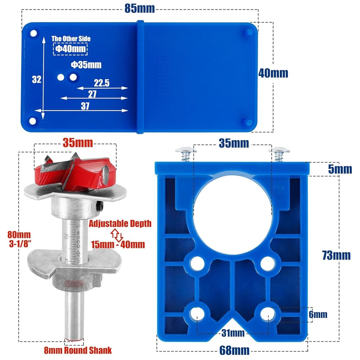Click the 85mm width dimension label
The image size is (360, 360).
click(140, 8)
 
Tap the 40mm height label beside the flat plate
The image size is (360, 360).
click(273, 73)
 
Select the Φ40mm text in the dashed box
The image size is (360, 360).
click(70, 49)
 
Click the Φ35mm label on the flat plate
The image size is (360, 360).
click(86, 65)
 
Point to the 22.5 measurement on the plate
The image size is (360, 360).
click(102, 83)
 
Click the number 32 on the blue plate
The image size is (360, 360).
click(36, 80)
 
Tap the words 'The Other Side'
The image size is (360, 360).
click(71, 39)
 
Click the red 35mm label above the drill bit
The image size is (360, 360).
click(78, 143)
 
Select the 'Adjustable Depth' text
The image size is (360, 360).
click(120, 224)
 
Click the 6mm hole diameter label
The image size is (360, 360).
click(318, 315)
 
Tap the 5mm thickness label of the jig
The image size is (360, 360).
click(340, 169)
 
